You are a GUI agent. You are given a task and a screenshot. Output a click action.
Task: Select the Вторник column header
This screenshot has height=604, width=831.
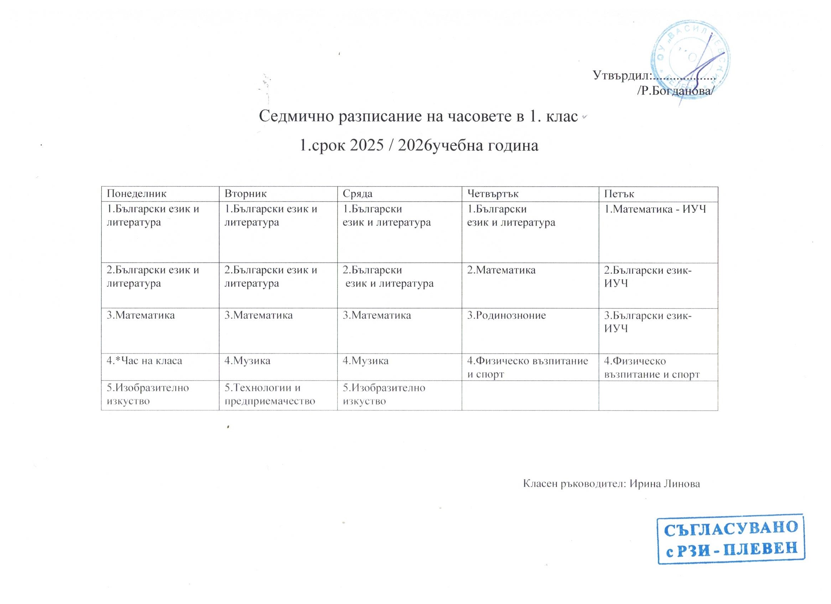[246, 194]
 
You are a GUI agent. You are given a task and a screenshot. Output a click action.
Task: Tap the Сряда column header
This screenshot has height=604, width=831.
[358, 194]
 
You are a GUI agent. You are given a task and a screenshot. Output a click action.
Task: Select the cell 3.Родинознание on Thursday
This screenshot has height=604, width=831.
[506, 316]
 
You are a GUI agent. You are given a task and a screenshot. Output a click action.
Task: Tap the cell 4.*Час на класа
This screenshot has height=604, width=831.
[144, 361]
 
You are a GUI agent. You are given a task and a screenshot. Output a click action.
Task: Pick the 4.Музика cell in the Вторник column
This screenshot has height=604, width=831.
[247, 361]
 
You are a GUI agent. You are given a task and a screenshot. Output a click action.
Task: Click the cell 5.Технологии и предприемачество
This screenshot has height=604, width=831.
[270, 394]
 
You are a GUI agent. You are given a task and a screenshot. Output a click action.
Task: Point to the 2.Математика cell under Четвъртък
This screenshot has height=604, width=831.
[501, 270]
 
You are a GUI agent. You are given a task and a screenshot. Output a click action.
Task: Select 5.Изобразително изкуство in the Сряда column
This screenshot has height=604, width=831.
[384, 394]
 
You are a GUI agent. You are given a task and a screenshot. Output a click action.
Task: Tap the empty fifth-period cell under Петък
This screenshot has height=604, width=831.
[658, 395]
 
